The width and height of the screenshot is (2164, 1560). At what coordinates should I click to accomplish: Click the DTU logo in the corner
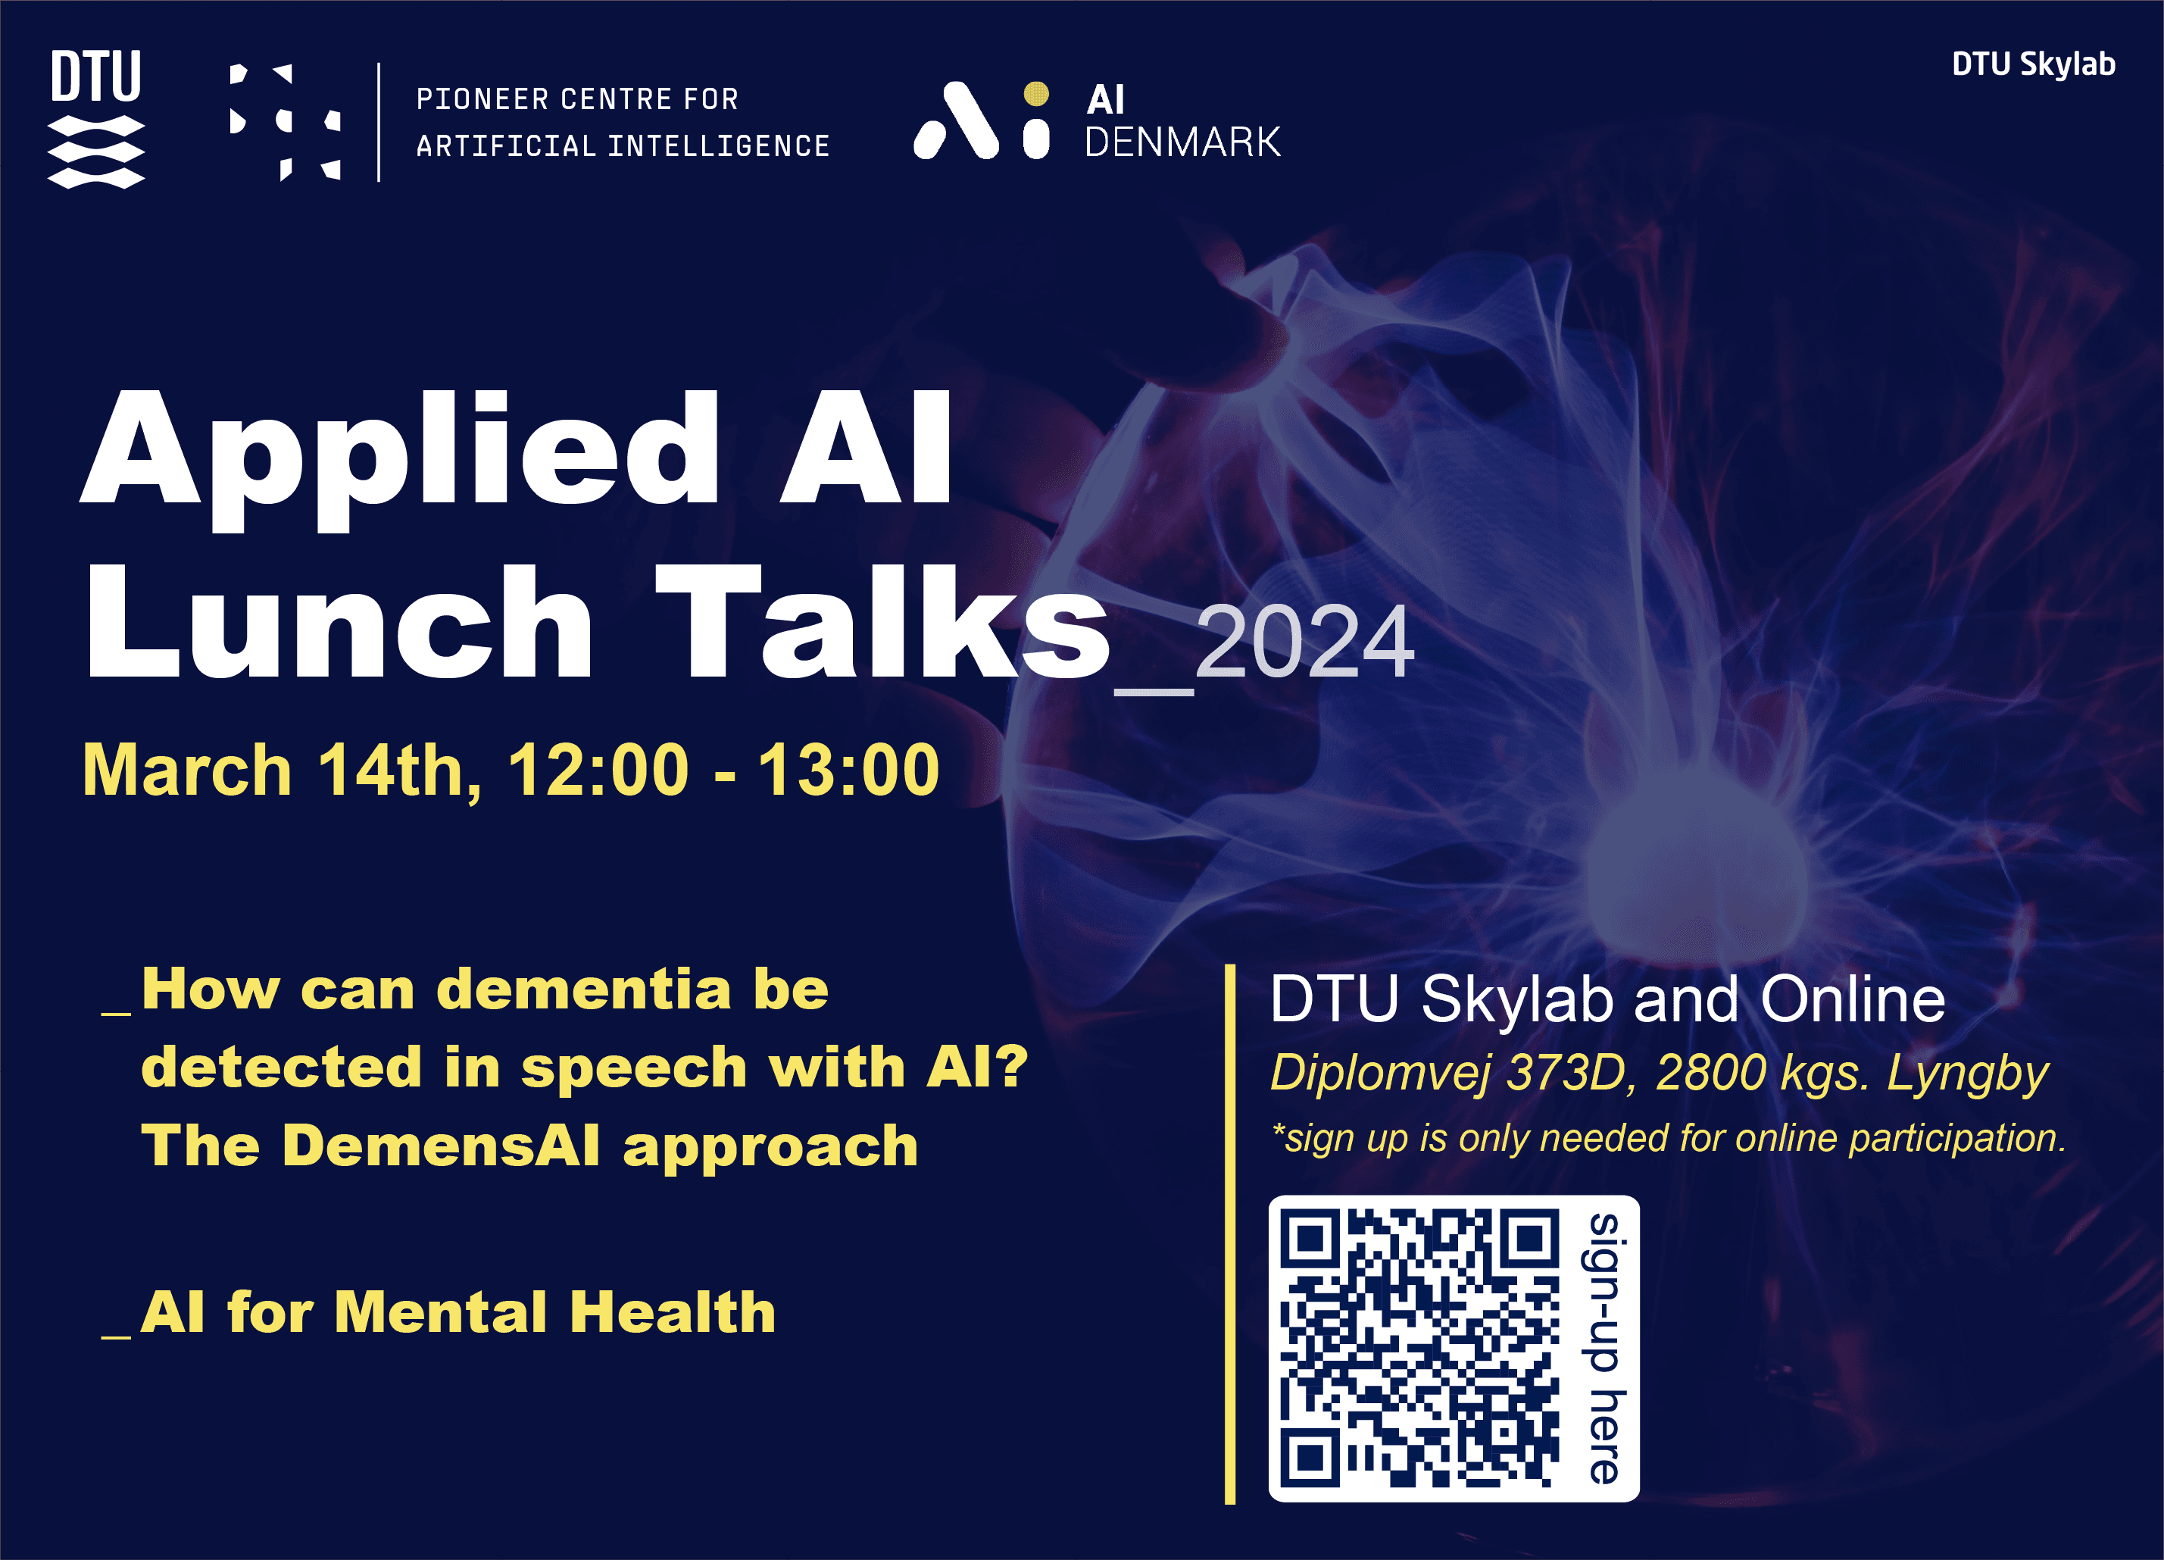coord(96,119)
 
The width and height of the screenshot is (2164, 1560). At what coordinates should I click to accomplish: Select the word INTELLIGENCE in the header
coord(720,146)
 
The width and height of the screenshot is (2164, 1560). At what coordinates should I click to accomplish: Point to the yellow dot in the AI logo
coord(1036,93)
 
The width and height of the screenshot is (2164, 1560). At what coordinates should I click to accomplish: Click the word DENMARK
coord(1182,142)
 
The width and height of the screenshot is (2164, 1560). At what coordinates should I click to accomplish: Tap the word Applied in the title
coord(401,458)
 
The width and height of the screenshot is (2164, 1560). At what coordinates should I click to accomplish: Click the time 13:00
coord(848,769)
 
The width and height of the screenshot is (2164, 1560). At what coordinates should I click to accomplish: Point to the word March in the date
coord(187,769)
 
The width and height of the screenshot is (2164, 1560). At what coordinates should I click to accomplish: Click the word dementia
coord(585,989)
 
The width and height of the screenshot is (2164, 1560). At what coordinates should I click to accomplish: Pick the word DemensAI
coord(442,1145)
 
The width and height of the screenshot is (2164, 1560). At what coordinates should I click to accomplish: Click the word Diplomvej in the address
coord(1381,1074)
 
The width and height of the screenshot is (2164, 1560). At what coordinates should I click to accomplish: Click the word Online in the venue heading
coord(1852,999)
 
